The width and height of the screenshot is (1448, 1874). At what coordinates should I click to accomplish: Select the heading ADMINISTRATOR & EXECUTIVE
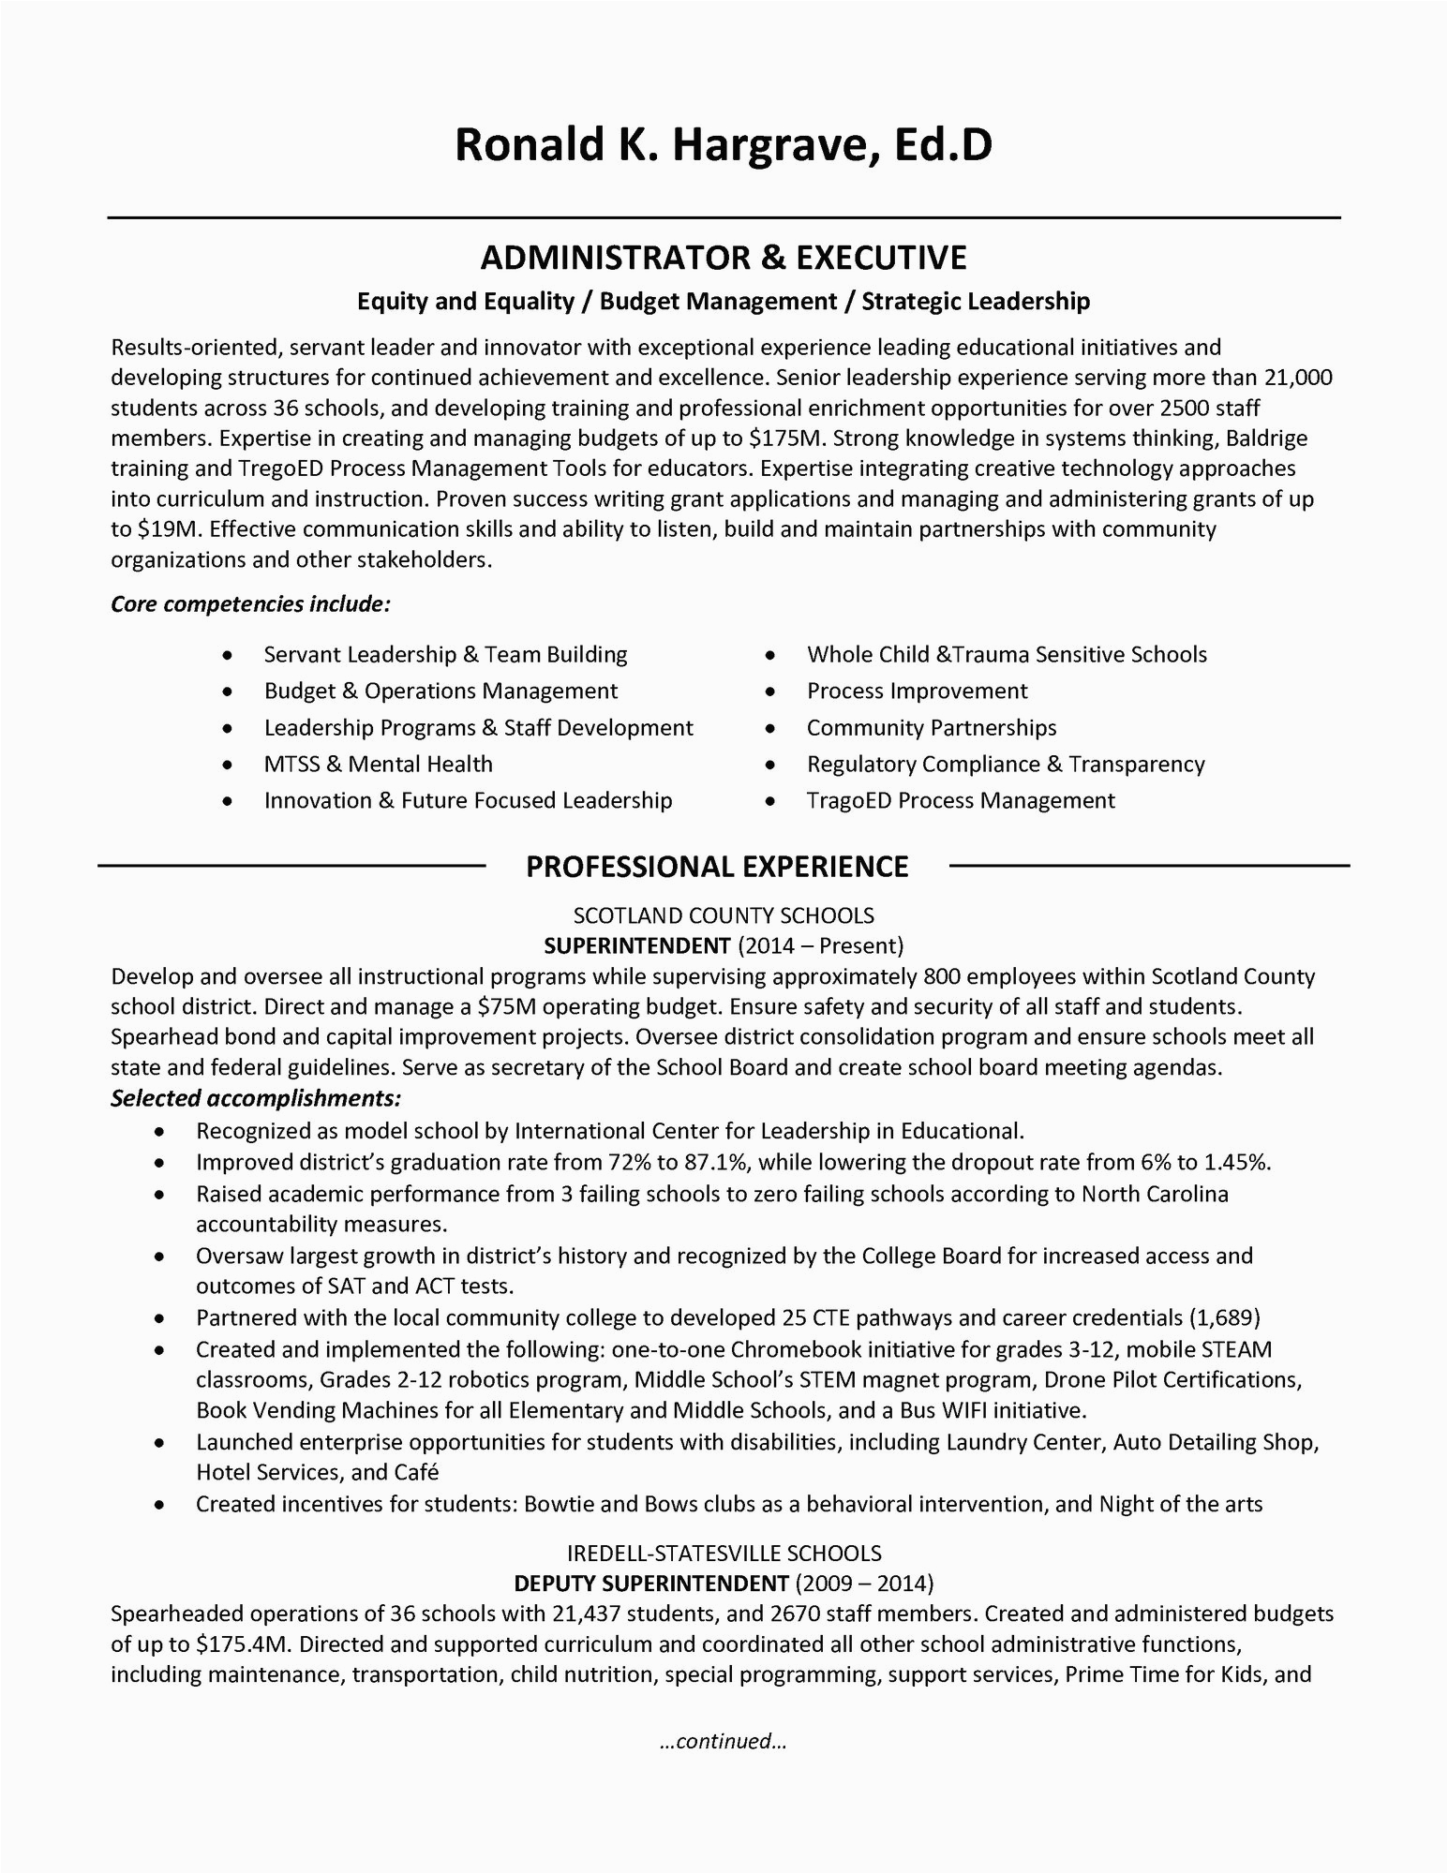(x=723, y=258)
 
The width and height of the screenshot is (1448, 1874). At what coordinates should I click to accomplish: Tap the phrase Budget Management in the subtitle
(x=718, y=301)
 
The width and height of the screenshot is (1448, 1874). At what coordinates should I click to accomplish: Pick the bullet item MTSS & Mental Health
(x=378, y=765)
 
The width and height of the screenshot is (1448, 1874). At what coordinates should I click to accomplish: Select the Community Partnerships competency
(x=932, y=728)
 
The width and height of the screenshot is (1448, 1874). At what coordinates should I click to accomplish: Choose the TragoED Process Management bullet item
(x=961, y=801)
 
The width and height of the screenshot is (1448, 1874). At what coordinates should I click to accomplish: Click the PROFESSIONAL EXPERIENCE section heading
(x=717, y=867)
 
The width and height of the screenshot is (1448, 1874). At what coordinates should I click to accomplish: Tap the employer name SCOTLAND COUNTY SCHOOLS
(x=724, y=915)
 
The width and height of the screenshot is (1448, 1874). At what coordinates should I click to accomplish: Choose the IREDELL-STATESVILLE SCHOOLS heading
(x=724, y=1554)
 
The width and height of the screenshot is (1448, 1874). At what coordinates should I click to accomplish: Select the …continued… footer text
(x=723, y=1742)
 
